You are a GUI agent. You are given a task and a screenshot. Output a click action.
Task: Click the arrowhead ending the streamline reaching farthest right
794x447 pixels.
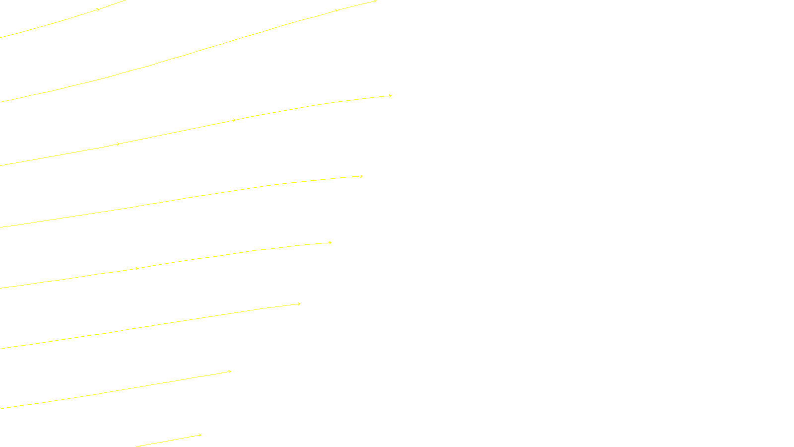click(x=391, y=96)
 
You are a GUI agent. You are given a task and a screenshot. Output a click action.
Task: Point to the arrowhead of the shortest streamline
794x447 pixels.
click(x=200, y=436)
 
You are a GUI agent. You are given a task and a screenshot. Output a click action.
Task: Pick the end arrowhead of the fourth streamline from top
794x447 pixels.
click(x=362, y=176)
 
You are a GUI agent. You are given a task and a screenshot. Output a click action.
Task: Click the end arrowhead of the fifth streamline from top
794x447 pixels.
click(x=330, y=243)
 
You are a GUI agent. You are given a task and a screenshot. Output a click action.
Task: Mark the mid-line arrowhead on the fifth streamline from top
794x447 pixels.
click(x=137, y=269)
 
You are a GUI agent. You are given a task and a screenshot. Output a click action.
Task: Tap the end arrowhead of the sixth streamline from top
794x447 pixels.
click(x=299, y=304)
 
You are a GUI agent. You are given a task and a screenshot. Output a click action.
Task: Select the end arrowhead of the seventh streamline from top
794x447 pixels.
click(x=230, y=372)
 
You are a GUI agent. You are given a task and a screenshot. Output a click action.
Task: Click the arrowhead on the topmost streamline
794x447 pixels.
click(x=98, y=9)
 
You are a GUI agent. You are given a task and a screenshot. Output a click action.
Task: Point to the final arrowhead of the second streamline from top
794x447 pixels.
click(x=375, y=1)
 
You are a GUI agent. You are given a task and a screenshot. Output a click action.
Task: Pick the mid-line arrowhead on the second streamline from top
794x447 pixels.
click(x=337, y=10)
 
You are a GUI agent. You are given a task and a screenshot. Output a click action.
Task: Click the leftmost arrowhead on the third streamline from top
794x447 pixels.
click(x=118, y=144)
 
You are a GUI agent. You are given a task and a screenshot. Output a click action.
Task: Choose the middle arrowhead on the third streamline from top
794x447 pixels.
click(x=234, y=120)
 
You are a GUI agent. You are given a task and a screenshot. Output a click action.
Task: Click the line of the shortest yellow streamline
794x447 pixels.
click(x=169, y=441)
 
